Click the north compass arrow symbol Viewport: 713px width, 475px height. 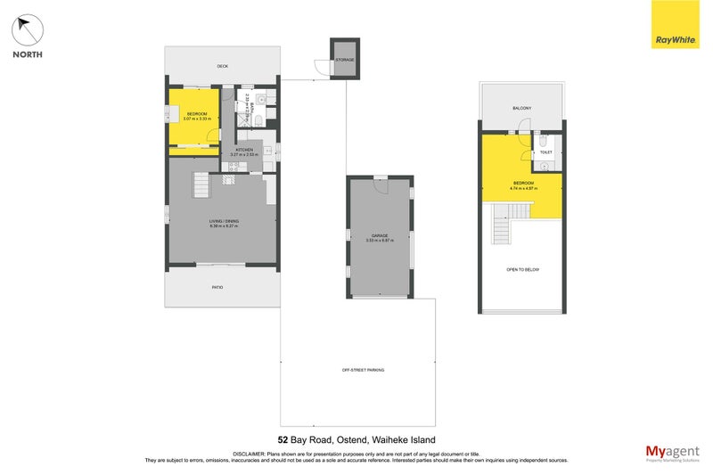point(28,30)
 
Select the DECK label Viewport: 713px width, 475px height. point(222,66)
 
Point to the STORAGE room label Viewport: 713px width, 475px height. point(344,60)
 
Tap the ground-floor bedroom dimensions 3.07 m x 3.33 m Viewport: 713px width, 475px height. point(195,119)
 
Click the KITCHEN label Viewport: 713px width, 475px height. point(244,150)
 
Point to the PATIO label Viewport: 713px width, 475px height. point(217,287)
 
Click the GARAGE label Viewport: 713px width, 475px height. point(380,235)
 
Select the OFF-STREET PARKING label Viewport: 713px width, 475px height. point(356,369)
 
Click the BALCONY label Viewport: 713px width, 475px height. point(522,108)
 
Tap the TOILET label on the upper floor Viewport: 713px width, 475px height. point(546,152)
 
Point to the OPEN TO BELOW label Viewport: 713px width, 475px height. point(523,269)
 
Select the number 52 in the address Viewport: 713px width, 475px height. point(283,440)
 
